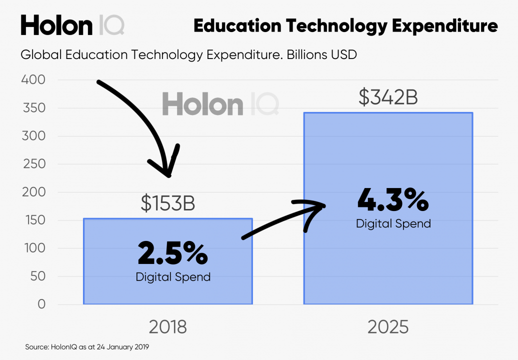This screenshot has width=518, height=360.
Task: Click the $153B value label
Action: pyautogui.click(x=167, y=204)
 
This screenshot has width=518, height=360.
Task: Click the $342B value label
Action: pyautogui.click(x=388, y=97)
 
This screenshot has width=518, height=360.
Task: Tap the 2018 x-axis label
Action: pyautogui.click(x=167, y=327)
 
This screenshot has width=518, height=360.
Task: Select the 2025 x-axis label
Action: pyautogui.click(x=388, y=327)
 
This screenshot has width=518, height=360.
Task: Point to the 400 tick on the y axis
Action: pyautogui.click(x=33, y=80)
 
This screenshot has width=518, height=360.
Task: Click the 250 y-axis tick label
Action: pyautogui.click(x=33, y=164)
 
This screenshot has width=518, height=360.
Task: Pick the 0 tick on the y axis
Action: pyautogui.click(x=41, y=304)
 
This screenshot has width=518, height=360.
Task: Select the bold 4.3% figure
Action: pyautogui.click(x=393, y=201)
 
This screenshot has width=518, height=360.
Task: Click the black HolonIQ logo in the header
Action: pyautogui.click(x=72, y=25)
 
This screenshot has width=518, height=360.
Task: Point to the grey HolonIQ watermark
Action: pyautogui.click(x=220, y=105)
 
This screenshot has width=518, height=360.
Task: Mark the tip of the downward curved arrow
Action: pyautogui.click(x=169, y=175)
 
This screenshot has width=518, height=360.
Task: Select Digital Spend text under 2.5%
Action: pyautogui.click(x=173, y=276)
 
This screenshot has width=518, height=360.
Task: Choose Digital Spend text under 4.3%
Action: pyautogui.click(x=393, y=223)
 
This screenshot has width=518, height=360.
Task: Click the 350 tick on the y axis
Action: pyautogui.click(x=33, y=108)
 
